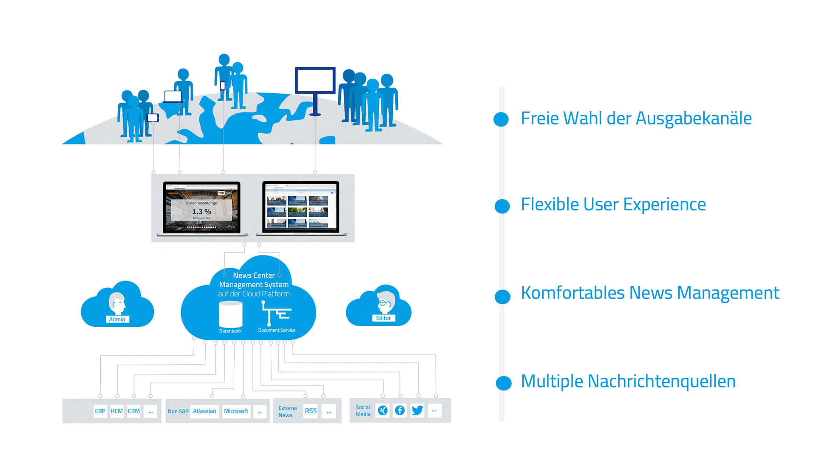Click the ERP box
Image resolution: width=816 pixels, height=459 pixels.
(100, 411)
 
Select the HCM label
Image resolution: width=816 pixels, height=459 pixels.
(116, 411)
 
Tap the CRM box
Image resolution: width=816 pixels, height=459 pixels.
(134, 411)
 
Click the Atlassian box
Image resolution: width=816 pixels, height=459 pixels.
(204, 411)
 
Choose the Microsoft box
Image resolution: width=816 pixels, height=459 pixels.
(236, 411)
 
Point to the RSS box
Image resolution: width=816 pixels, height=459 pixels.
(311, 411)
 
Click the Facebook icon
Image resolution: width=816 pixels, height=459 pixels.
(400, 410)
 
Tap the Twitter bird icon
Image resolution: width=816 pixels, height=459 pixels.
(417, 410)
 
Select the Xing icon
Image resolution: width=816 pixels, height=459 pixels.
(383, 410)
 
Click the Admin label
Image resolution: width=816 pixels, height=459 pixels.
(117, 319)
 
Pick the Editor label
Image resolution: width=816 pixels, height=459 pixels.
(383, 318)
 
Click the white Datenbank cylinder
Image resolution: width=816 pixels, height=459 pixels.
(230, 314)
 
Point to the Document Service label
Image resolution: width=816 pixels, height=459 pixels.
(277, 330)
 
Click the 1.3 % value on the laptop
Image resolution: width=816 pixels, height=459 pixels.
(201, 212)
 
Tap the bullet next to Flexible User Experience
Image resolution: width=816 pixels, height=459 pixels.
(502, 206)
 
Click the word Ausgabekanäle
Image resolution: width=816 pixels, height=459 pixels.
(694, 119)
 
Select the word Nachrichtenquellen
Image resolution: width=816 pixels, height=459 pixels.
(661, 381)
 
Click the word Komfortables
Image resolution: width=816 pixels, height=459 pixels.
(573, 293)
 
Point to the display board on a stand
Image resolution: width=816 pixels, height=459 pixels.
(315, 81)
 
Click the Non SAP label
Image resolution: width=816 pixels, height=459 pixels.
(178, 411)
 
